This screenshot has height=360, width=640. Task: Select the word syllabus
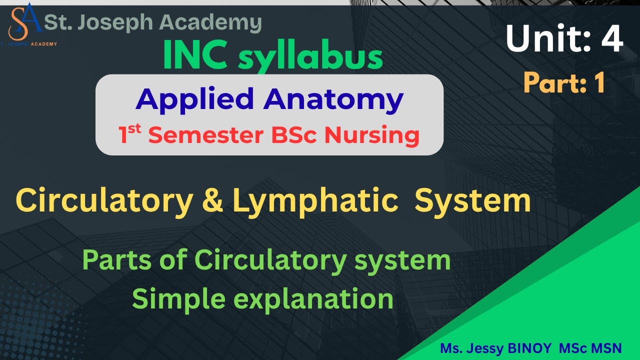point(310,57)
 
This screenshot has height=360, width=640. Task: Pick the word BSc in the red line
point(309,136)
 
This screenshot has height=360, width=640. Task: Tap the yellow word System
point(472,201)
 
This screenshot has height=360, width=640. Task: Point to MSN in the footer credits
point(607,348)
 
